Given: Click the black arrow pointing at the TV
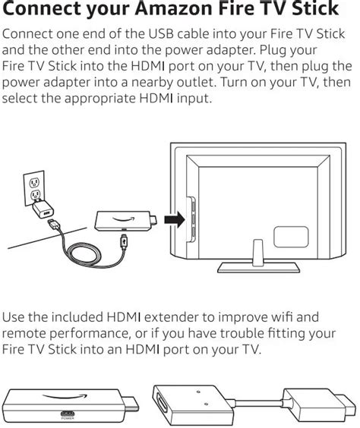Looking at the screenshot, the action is coord(175,219).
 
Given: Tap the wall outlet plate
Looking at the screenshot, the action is coord(34,187).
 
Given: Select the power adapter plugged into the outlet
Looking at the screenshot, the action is coord(43,209).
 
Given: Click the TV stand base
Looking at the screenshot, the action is coord(259,267).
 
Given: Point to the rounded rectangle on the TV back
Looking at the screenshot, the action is coord(291,237).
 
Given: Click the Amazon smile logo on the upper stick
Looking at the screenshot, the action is coord(124,219).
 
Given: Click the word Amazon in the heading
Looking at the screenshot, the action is coord(173,8).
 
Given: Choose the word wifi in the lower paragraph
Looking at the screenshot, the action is coord(282,317).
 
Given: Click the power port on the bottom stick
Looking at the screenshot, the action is coord(68,414).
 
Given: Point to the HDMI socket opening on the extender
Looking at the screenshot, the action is coord(160,404).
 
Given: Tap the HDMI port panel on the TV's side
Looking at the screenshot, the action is coord(191,219).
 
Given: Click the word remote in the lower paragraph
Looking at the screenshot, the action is coord(24,333).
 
